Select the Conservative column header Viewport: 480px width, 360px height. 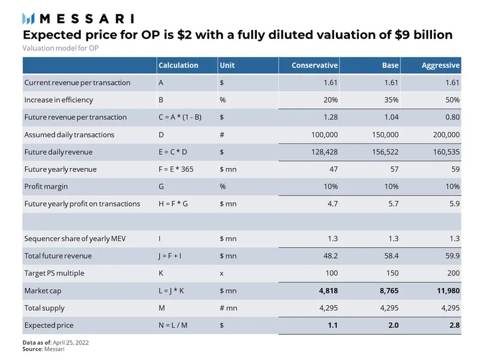(314, 65)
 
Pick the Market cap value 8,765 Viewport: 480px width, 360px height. (386, 290)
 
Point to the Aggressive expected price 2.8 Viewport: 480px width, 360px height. (454, 325)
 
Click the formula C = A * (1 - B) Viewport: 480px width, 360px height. (179, 117)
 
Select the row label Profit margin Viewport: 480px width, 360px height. (46, 187)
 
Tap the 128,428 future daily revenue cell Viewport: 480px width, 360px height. (323, 152)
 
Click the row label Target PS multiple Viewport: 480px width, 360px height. (54, 273)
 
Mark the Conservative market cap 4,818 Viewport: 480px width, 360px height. (325, 290)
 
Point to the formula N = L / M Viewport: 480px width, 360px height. (172, 325)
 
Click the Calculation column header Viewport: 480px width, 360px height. (178, 65)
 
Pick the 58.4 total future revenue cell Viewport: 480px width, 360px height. (391, 256)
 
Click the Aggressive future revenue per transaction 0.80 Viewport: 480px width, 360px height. (452, 117)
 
